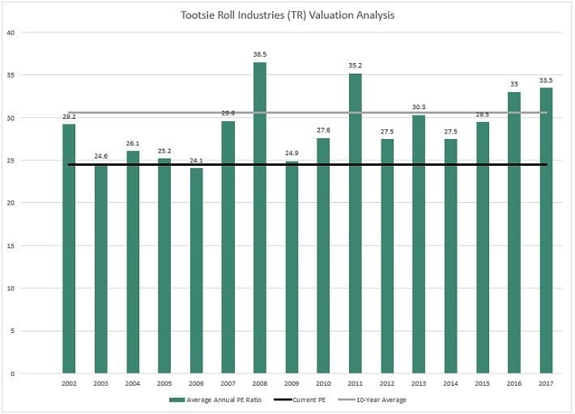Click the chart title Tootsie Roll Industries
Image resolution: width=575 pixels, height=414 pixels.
tap(287, 15)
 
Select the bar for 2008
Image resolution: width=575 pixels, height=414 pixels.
tap(259, 218)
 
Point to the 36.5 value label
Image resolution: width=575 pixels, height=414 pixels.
tap(259, 55)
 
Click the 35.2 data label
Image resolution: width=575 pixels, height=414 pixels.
tap(355, 66)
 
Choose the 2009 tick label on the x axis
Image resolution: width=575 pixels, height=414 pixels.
tap(292, 383)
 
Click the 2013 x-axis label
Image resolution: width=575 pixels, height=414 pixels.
tap(419, 383)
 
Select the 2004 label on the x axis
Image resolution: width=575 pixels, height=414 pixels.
tap(133, 383)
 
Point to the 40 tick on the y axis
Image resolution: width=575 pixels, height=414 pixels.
tap(11, 32)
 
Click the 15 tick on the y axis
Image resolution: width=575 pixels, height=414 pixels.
tap(11, 246)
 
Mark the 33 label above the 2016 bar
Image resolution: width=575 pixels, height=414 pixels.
tap(513, 85)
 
